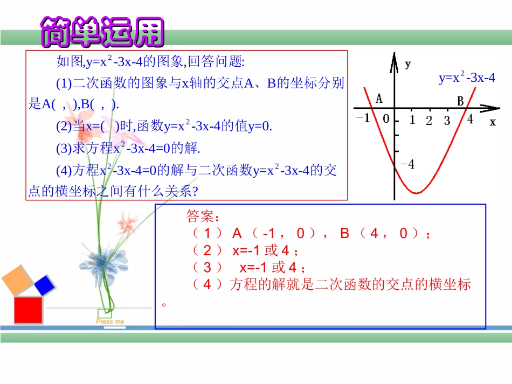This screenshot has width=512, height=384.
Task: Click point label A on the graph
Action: [x=379, y=99]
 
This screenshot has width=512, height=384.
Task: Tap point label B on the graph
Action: [x=460, y=101]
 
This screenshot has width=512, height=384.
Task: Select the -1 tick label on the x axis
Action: [x=365, y=118]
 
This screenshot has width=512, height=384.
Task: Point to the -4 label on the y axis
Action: [x=408, y=164]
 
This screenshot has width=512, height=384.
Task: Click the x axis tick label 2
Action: [x=429, y=121]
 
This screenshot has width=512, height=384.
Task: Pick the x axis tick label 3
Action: [x=447, y=121]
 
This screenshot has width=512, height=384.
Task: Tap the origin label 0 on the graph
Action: [x=386, y=118]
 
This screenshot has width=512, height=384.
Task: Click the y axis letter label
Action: [x=408, y=65]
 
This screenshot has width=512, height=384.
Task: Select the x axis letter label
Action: [x=492, y=122]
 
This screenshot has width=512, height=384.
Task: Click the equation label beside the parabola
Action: [x=467, y=78]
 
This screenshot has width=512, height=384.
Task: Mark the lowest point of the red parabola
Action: [x=416, y=192]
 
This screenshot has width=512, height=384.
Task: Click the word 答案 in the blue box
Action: [x=203, y=217]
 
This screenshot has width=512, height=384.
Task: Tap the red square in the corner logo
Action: [x=28, y=311]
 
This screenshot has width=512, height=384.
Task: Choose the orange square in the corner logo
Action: [x=18, y=280]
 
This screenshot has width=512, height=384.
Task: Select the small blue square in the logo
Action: [x=45, y=284]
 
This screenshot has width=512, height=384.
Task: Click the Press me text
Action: [x=110, y=322]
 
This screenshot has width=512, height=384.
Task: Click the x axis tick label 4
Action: [x=470, y=120]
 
